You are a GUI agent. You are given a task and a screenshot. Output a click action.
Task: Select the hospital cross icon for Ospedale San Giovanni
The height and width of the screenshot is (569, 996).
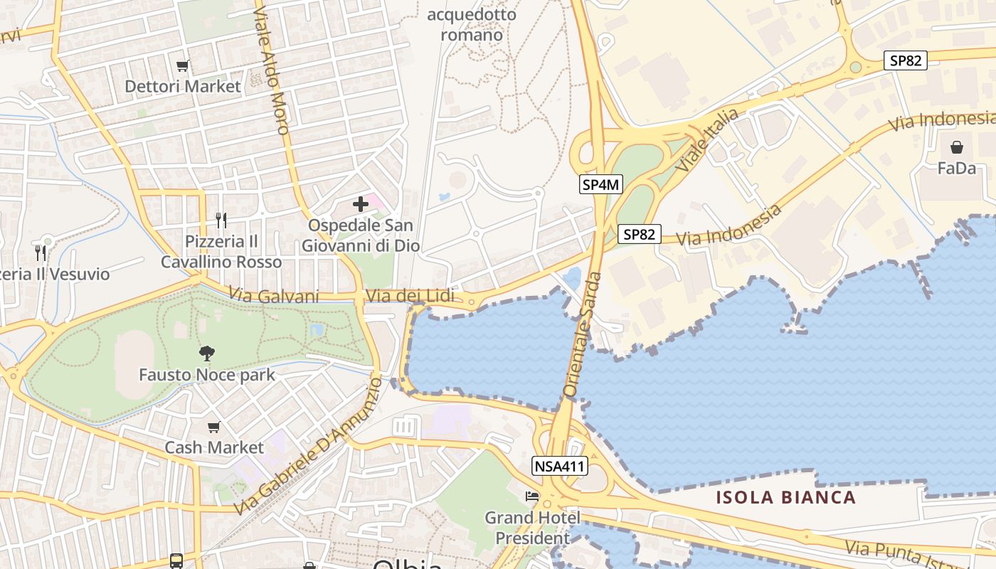coord(361,204)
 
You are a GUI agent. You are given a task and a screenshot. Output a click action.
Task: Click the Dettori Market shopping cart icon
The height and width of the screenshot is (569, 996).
coord(183,66)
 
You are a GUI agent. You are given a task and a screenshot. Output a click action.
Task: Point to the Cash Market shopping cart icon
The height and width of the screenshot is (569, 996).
coord(213,427)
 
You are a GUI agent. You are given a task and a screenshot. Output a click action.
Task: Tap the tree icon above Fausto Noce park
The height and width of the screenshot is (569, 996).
coord(207,353)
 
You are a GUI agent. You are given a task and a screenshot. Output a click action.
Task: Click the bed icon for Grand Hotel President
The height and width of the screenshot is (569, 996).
coord(532,496)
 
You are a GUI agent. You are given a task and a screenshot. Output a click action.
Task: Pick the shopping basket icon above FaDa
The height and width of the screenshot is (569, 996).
coord(957,147)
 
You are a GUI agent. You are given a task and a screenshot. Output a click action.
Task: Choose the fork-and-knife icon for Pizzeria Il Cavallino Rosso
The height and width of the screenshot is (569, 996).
coord(221,220)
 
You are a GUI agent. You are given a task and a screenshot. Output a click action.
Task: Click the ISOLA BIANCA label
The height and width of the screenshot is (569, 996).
coord(786,497)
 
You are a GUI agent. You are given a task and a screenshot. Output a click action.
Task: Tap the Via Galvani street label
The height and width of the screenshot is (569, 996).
coord(274,295)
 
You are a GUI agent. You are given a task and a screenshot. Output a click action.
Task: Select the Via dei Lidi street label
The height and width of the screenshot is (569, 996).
coord(409,295)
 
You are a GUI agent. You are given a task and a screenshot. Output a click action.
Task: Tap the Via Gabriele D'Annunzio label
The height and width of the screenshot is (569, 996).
coord(307,447)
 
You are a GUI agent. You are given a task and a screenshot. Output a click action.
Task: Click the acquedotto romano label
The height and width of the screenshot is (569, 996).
coord(472,24)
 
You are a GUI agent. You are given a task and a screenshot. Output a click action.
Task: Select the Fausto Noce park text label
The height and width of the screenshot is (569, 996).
coord(207,375)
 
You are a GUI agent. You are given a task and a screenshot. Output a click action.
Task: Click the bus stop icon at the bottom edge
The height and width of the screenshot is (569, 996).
coord(176,560)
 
